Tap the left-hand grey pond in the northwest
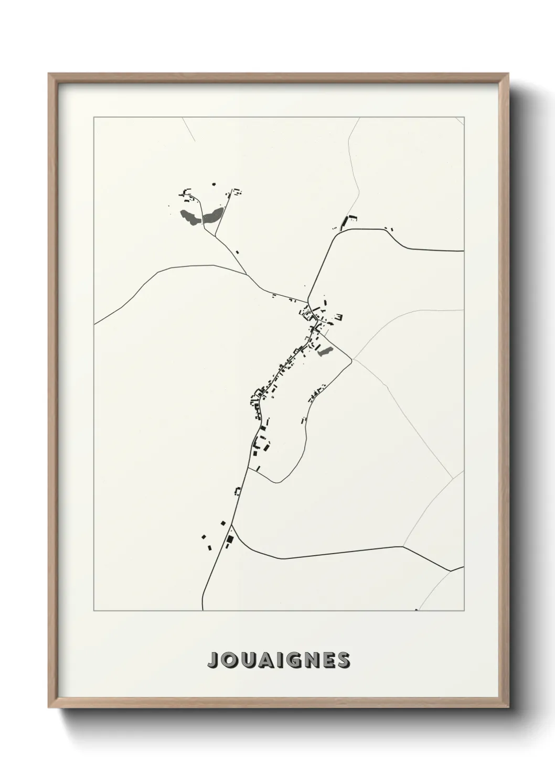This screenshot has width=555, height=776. point(190,217)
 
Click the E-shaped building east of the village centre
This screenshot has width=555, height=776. point(339,317)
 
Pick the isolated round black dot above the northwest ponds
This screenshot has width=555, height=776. point(214,184)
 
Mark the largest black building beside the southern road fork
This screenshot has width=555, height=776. point(229,540)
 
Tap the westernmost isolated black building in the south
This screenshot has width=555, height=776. point(204,536)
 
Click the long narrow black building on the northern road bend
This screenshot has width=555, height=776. point(345,222)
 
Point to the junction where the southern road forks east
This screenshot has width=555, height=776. point(231,524)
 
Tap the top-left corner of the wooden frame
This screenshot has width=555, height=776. point(49,74)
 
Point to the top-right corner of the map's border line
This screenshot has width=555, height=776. point(464,116)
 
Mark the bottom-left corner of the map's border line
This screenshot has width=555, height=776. point(94,611)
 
